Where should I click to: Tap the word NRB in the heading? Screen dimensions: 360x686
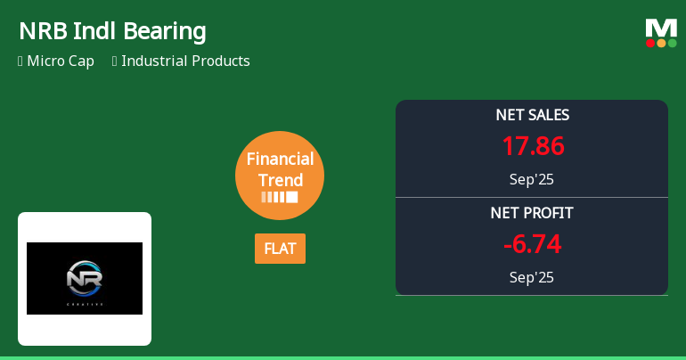(39, 31)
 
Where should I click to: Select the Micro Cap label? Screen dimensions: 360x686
(61, 61)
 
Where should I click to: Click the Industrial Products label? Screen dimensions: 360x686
(185, 61)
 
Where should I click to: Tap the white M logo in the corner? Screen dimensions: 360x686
(661, 28)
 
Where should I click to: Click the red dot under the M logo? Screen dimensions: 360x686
(651, 43)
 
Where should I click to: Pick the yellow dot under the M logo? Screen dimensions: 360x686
(661, 43)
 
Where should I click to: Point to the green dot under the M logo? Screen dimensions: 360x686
(672, 43)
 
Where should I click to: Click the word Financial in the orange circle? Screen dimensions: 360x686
(280, 160)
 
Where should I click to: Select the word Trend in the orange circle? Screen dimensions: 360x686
(280, 180)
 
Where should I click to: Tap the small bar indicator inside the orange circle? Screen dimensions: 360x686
(280, 197)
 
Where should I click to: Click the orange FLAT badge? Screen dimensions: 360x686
(280, 249)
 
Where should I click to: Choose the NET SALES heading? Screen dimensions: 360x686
(532, 115)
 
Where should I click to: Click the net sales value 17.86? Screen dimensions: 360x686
(532, 146)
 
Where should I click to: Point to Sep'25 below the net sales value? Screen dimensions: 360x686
(532, 179)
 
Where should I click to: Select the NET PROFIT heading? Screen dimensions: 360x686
(532, 213)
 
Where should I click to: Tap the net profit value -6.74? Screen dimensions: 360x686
(532, 244)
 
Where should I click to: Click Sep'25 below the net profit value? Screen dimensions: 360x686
(532, 277)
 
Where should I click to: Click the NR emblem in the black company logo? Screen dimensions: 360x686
(85, 278)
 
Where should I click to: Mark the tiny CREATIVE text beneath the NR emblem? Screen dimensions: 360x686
(85, 305)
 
